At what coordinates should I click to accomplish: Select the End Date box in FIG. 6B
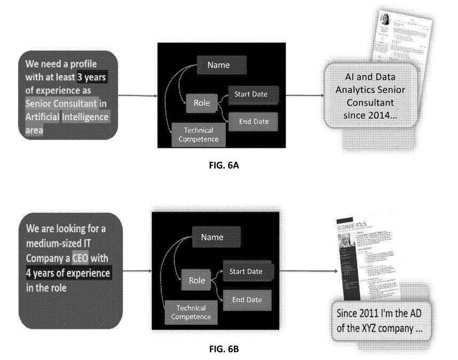247,299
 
